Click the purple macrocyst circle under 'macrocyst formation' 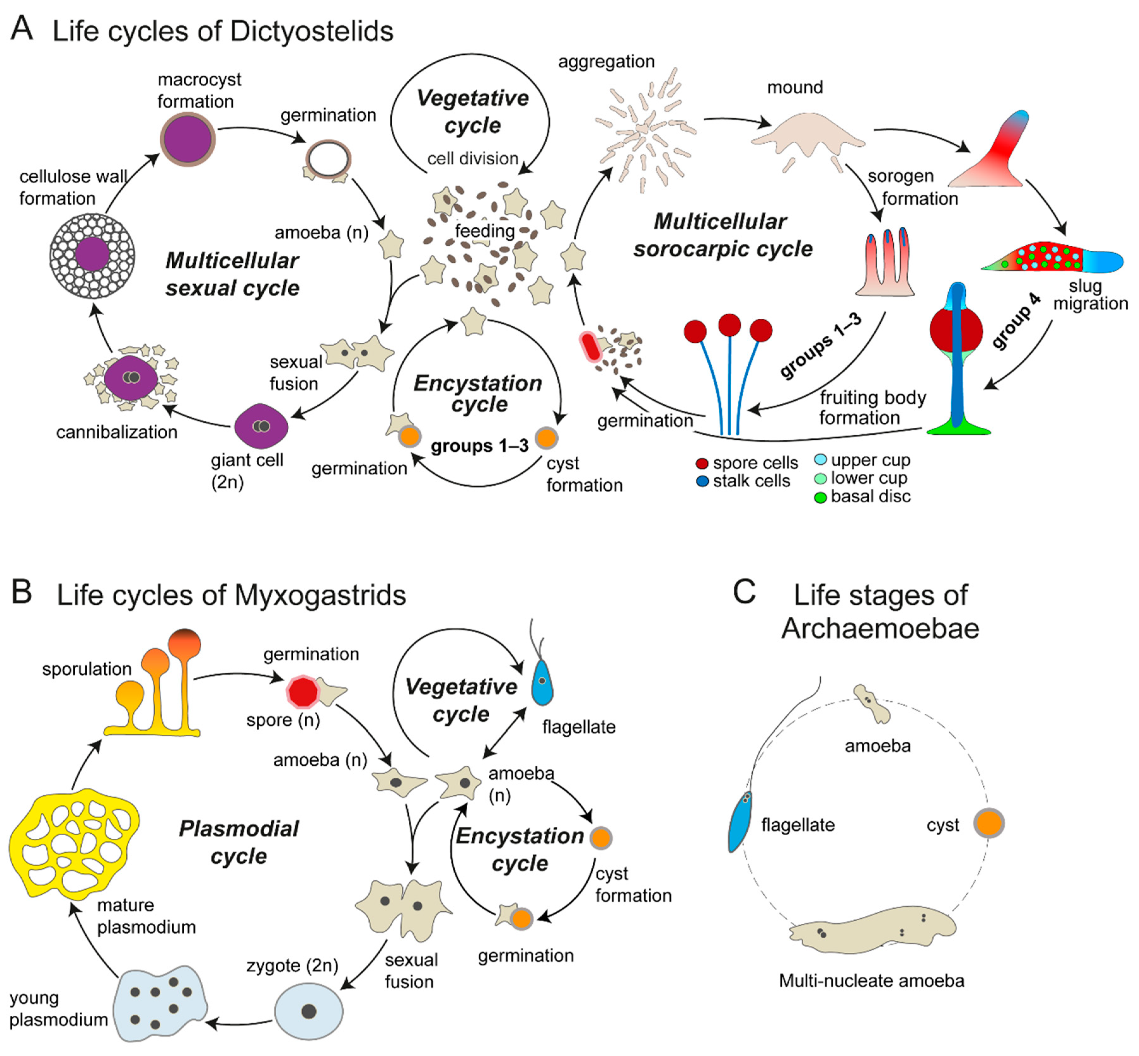187,140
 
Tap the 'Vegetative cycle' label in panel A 472,111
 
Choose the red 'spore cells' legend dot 702,463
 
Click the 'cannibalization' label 117,432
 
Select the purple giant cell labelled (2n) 261,426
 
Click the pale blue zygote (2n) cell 309,1011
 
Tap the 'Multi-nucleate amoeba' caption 872,981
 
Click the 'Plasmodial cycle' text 239,842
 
